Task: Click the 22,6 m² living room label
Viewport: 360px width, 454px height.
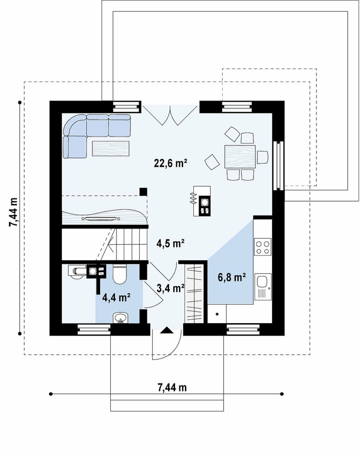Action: pyautogui.click(x=170, y=163)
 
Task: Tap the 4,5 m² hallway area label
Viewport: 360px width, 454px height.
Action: pyautogui.click(x=171, y=243)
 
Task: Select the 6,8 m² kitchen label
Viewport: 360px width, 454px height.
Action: pyautogui.click(x=232, y=277)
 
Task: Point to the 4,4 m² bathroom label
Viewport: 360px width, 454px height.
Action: pyautogui.click(x=116, y=297)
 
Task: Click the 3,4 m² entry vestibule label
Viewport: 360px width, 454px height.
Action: pyautogui.click(x=171, y=288)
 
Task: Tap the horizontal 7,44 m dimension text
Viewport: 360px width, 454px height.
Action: pyautogui.click(x=172, y=387)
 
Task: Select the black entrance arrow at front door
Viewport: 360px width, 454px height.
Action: pyautogui.click(x=167, y=330)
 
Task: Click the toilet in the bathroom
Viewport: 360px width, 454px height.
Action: pyautogui.click(x=119, y=274)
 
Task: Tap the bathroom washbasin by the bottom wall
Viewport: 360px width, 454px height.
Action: pyautogui.click(x=120, y=317)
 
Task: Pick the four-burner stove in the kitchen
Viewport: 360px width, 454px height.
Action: pyautogui.click(x=263, y=247)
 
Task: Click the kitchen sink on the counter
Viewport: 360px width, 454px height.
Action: pyautogui.click(x=263, y=287)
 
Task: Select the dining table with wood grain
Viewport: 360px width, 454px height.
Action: pyautogui.click(x=240, y=157)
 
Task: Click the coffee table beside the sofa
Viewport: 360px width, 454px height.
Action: pyautogui.click(x=111, y=148)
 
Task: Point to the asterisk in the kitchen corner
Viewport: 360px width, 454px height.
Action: pyautogui.click(x=217, y=314)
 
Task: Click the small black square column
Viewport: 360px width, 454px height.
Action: pyautogui.click(x=143, y=192)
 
